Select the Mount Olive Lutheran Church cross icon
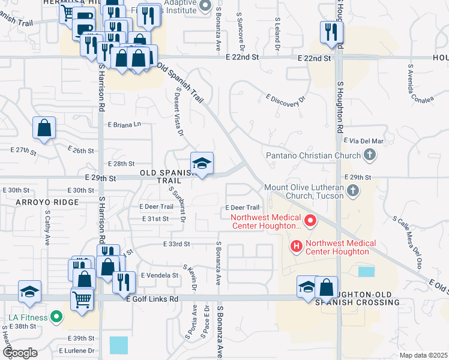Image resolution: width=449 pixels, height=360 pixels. pyautogui.click(x=353, y=191)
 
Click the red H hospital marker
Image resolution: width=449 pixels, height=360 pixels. pyautogui.click(x=296, y=246)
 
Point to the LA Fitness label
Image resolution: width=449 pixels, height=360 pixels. pyautogui.click(x=25, y=316)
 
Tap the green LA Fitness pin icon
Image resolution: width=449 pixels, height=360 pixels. pyautogui.click(x=56, y=316)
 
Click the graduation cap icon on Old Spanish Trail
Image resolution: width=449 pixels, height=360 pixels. pyautogui.click(x=202, y=163)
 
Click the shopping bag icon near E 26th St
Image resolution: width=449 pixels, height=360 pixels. pyautogui.click(x=44, y=128)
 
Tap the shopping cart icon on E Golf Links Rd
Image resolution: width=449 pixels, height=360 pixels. pyautogui.click(x=82, y=298)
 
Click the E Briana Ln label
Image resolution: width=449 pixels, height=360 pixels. pyautogui.click(x=124, y=125)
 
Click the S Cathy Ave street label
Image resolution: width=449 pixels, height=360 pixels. pyautogui.click(x=47, y=221)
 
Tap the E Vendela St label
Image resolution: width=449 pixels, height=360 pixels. pyautogui.click(x=160, y=275)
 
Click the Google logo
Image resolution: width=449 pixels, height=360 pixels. pyautogui.click(x=19, y=353)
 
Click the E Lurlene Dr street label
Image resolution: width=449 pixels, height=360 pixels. pyautogui.click(x=77, y=350)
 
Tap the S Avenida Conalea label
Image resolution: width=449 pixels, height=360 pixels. pyautogui.click(x=420, y=84)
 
